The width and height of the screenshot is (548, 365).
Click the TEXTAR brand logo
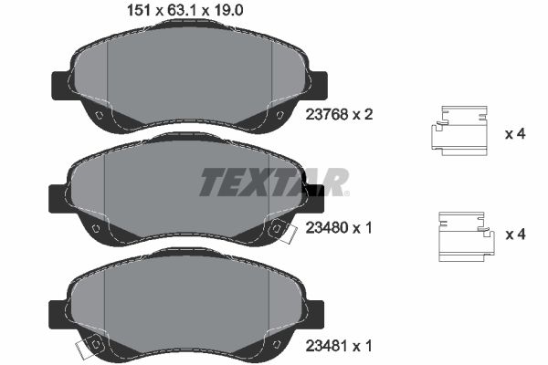pyautogui.click(x=273, y=182)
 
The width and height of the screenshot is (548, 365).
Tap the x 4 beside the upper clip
pyautogui.click(x=515, y=133)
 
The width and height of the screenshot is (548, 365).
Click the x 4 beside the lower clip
pyautogui.click(x=515, y=235)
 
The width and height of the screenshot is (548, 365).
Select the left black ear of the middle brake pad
pyautogui.click(x=58, y=195)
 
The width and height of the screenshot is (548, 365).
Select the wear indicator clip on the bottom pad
pyautogui.click(x=90, y=348)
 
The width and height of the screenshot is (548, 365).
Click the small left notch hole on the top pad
pyautogui.click(x=98, y=114)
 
